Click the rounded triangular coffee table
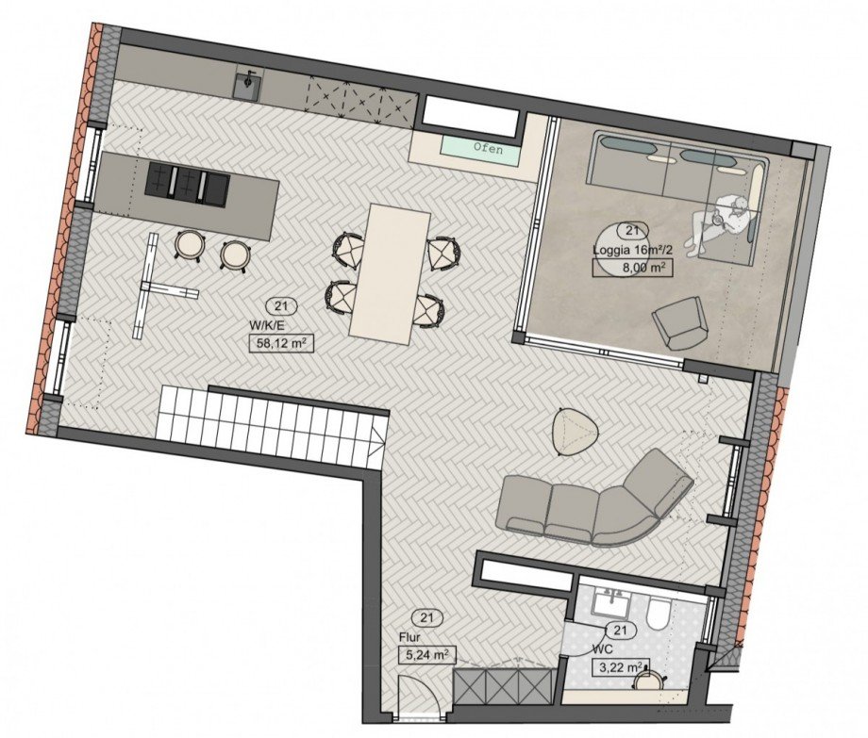576,432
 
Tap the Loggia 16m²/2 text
632,250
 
